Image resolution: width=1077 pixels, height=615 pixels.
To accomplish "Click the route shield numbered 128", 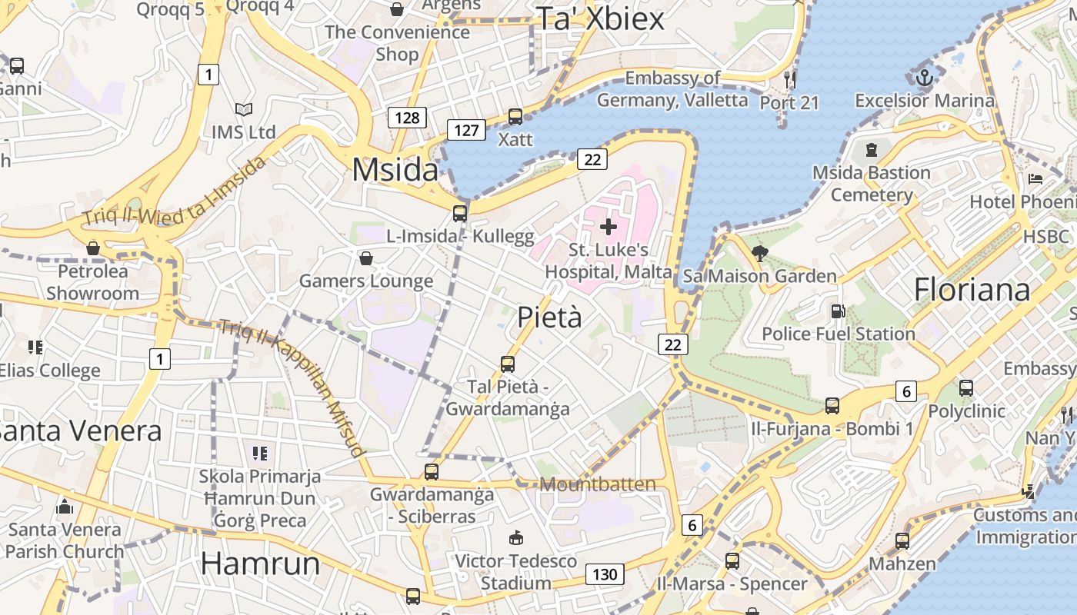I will tap(406, 117).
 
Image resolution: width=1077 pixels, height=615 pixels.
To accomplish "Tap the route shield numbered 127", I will tap(466, 130).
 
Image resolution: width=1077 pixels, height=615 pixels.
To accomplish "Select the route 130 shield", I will tap(605, 574).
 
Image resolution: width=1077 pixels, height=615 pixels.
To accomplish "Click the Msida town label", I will tap(395, 170).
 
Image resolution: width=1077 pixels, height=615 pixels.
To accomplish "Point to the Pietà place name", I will tap(549, 317).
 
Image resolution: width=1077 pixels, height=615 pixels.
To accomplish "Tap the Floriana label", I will tap(972, 290).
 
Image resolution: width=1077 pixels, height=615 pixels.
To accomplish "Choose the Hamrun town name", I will tap(260, 563).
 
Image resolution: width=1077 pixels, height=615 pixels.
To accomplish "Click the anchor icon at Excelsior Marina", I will tap(925, 77).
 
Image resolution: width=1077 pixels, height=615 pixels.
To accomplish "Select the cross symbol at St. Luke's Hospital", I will tap(609, 227).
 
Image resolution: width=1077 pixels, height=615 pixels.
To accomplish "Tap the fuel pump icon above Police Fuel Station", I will tap(838, 311).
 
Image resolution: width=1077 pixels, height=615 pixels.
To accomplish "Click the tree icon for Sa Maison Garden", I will tap(760, 253).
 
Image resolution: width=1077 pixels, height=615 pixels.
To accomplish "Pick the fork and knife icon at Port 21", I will tap(789, 78).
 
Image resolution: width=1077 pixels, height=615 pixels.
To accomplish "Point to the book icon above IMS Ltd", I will tap(243, 110).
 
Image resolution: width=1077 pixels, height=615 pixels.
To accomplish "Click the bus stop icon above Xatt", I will tap(515, 117).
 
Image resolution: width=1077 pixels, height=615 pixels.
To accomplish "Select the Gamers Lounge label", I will tap(366, 281).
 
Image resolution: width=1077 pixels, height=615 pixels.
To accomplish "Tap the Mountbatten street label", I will tap(598, 484).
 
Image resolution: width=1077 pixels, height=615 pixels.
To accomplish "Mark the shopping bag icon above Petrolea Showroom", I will tap(93, 248).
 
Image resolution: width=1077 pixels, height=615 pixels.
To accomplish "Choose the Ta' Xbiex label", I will tap(600, 18).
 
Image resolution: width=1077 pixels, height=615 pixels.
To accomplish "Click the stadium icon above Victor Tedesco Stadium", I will tap(515, 537).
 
